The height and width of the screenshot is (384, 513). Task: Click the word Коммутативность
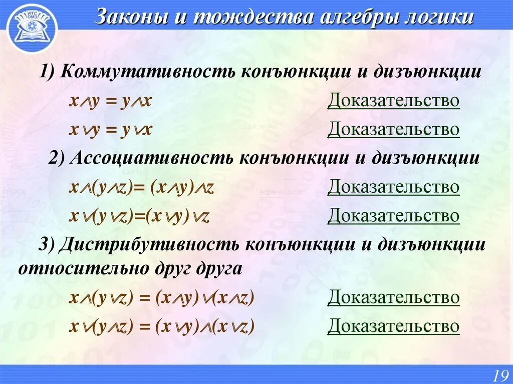(149, 72)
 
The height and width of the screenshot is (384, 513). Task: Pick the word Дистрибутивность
(150, 244)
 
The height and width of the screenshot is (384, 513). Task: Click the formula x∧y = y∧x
(110, 101)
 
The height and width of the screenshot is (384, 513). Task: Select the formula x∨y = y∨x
(110, 130)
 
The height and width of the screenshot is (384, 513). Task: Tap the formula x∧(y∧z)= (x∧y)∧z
(142, 187)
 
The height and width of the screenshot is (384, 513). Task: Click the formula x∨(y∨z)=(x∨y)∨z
(139, 216)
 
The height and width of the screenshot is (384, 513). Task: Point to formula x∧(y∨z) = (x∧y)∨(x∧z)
(162, 298)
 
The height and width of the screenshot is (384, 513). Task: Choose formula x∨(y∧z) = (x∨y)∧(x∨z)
(162, 326)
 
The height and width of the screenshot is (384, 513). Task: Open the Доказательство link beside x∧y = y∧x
(393, 101)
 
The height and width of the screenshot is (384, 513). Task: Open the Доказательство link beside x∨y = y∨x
(393, 129)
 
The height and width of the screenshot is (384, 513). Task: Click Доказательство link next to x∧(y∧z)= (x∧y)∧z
(393, 187)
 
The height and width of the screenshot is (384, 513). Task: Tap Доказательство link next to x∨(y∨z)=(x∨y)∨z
(393, 216)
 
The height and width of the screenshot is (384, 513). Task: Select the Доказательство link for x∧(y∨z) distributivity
(393, 297)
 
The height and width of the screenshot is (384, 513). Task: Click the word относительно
(81, 268)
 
